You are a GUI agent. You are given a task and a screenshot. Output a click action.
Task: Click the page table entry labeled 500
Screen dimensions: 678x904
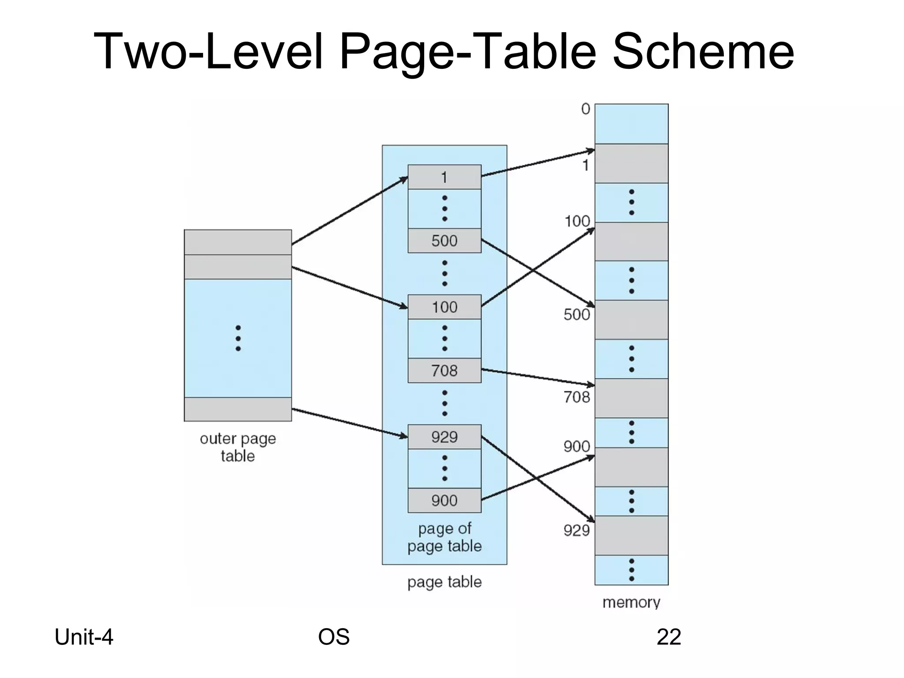pos(444,241)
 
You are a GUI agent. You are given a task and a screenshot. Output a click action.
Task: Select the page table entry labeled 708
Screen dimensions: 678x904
pos(444,370)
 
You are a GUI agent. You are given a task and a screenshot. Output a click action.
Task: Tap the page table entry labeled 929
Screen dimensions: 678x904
pos(444,437)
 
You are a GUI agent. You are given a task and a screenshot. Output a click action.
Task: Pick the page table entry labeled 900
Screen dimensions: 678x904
pos(444,500)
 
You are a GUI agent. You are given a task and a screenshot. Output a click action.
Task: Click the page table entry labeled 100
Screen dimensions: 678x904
pos(444,307)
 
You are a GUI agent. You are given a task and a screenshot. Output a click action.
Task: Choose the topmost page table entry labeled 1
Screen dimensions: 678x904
pos(444,177)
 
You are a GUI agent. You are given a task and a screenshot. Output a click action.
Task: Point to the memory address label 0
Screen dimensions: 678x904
pos(585,109)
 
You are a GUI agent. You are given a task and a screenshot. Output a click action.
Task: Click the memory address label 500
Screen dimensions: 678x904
pos(576,315)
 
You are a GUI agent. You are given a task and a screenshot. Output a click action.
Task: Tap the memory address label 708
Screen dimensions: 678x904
pos(576,397)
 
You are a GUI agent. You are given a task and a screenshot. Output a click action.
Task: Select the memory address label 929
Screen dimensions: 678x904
pos(576,530)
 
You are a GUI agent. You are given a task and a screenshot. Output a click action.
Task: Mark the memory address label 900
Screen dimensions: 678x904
pos(576,447)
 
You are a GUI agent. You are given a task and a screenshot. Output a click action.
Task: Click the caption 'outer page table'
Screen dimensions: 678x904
pos(237,447)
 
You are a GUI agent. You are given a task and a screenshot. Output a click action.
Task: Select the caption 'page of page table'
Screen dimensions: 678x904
pos(444,537)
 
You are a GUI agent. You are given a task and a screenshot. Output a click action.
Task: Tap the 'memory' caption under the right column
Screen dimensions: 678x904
pos(631,602)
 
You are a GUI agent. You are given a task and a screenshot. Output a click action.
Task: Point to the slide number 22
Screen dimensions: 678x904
pos(669,637)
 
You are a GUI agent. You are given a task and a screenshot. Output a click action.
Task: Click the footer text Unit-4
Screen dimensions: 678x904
pos(84,637)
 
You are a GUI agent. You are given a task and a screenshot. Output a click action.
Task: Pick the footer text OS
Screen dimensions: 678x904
pos(334,637)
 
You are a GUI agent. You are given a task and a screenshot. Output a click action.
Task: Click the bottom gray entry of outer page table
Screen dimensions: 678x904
pos(237,409)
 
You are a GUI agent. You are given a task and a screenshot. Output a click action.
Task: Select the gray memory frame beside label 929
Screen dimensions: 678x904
pos(631,535)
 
